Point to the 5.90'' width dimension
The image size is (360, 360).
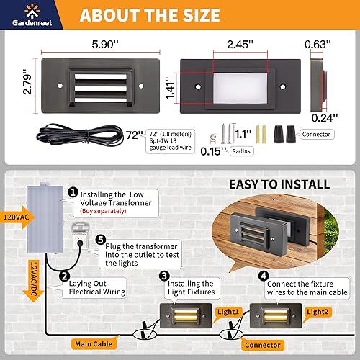coord(102,43)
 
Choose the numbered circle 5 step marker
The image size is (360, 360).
coord(101,239)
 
